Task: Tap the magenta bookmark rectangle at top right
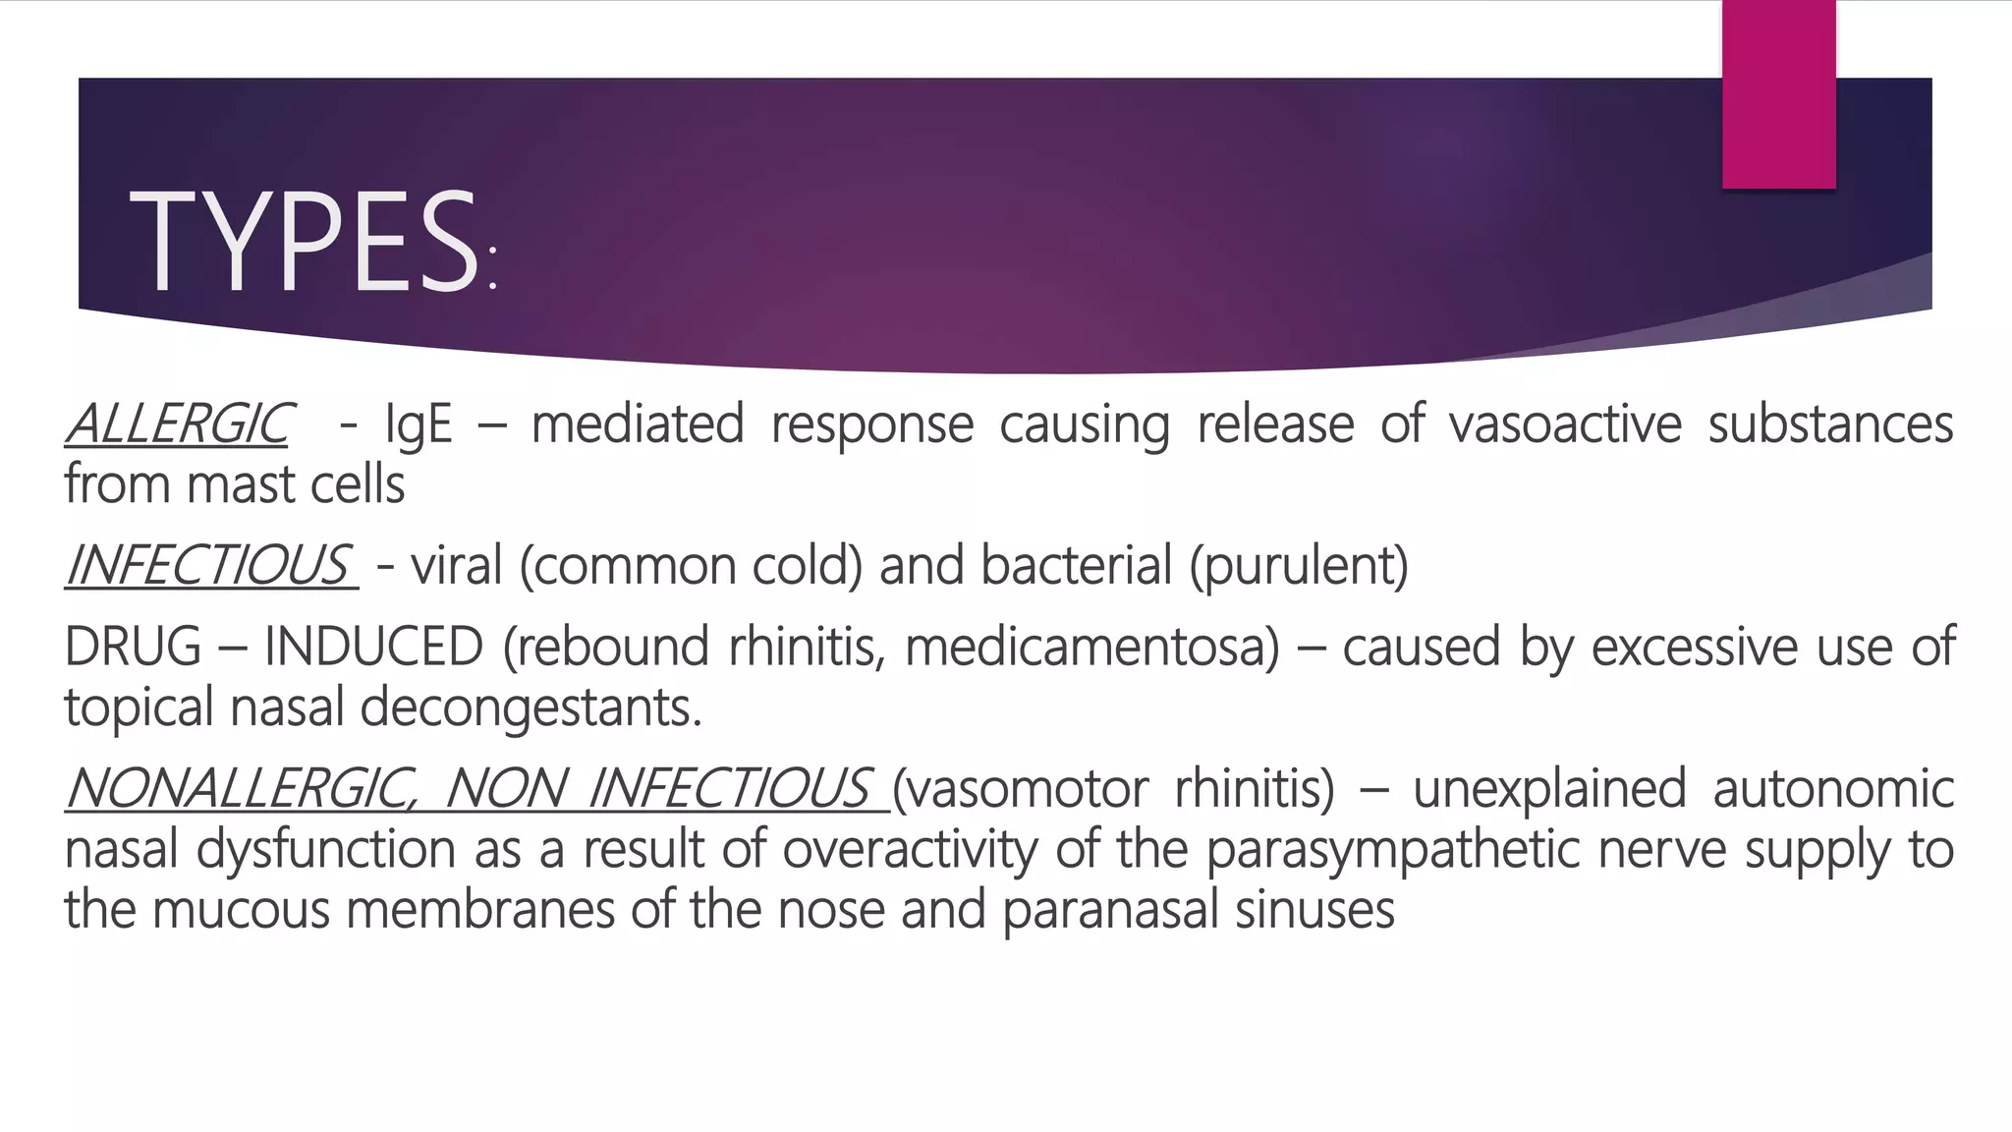pos(1778,93)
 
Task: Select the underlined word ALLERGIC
pos(178,424)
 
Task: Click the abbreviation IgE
pos(419,424)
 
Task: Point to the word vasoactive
pos(1565,424)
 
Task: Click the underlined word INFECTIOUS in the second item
pos(209,565)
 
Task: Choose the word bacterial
pos(1075,565)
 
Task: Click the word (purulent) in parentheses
pos(1299,567)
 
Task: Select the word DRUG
pos(133,647)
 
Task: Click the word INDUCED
pos(373,647)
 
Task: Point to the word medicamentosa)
pos(1091,647)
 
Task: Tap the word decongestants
pos(531,707)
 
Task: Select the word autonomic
pos(1833,789)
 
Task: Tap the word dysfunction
pos(325,850)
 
